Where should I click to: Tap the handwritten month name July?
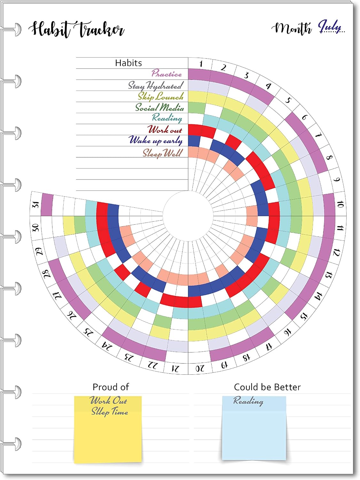point(330,26)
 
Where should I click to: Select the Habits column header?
point(129,63)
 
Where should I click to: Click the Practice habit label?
point(167,73)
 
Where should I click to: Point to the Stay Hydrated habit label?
point(155,85)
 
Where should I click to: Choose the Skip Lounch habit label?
point(160,96)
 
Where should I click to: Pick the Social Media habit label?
point(159,108)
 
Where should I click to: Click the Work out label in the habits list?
point(165,130)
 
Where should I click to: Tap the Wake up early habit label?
point(155,140)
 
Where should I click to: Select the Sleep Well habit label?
point(162,153)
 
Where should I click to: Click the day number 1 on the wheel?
point(201,64)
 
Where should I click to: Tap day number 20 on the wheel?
point(200,368)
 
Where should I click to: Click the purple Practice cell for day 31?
point(47,204)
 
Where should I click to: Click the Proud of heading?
point(111,387)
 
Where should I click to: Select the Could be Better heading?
point(267,387)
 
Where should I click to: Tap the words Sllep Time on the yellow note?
point(109,412)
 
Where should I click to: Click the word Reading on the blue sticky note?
point(248,401)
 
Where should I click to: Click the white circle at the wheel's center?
point(188,216)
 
